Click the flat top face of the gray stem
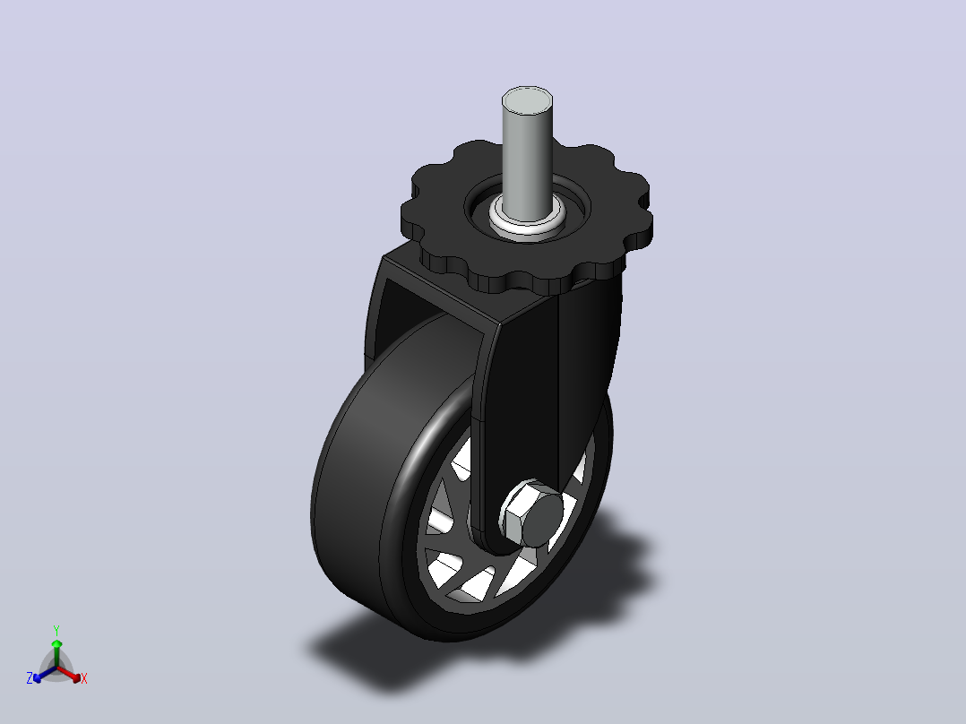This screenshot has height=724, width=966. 527,99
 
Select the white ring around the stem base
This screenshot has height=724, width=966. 528,219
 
